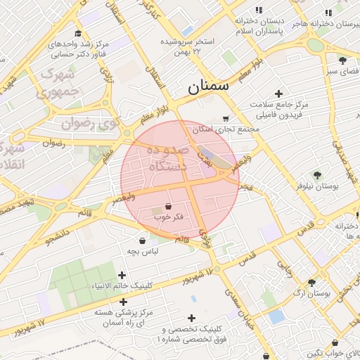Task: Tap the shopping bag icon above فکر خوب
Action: point(168,206)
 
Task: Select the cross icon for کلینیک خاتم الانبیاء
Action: point(122,275)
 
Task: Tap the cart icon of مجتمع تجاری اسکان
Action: point(225,119)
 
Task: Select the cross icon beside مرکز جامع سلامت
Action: point(279,94)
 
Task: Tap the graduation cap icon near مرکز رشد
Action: point(77,34)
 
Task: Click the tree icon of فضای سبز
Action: point(342,60)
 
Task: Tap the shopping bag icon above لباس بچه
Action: point(143,240)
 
